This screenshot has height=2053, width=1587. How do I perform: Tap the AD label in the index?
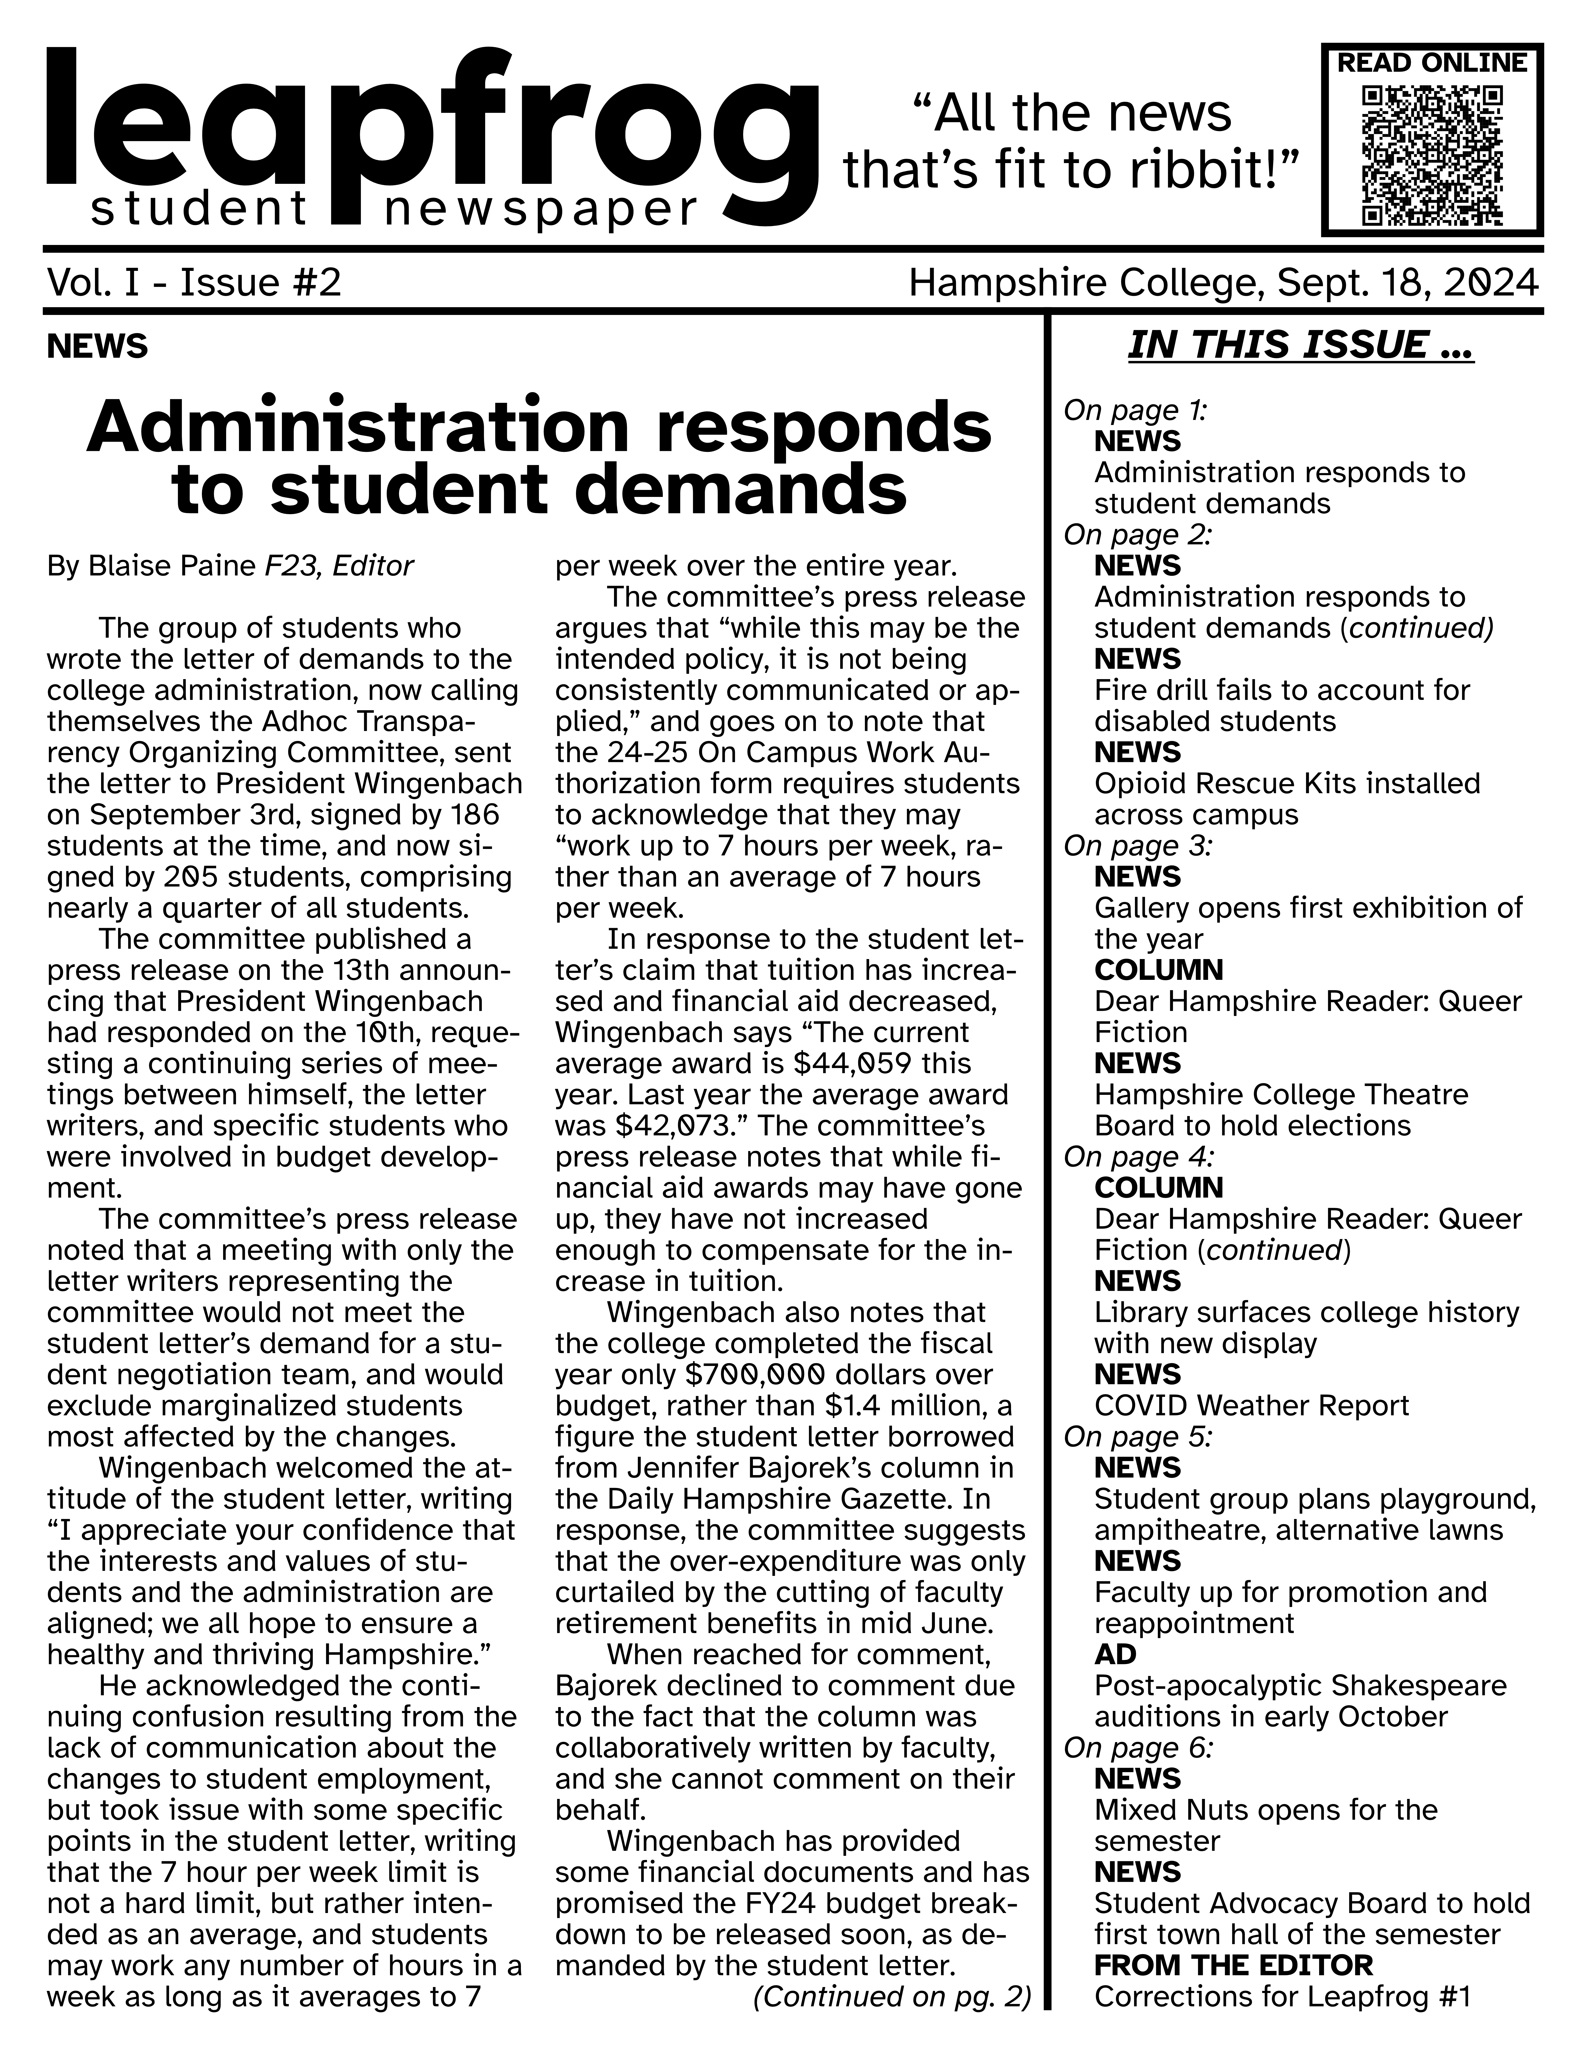[1115, 1655]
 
